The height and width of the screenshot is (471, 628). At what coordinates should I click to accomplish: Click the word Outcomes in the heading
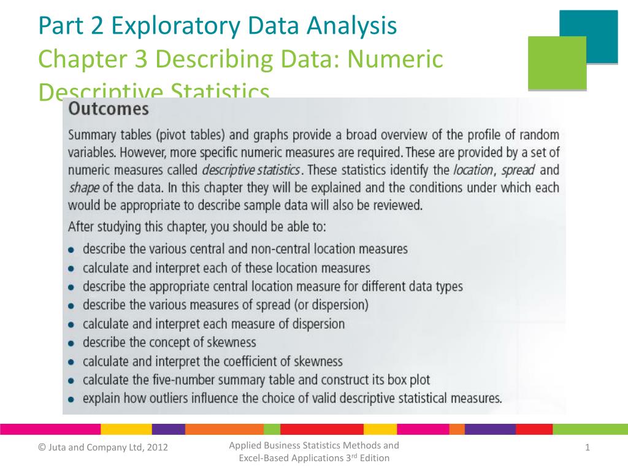point(108,110)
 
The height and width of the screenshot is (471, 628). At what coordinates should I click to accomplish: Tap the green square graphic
point(557,63)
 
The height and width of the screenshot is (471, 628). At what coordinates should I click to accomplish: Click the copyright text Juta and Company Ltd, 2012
point(104,451)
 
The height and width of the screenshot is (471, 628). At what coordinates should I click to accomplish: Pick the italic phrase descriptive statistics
point(250,170)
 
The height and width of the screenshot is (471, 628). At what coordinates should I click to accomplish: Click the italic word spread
point(518,170)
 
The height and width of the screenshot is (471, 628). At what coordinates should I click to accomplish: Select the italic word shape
point(84,188)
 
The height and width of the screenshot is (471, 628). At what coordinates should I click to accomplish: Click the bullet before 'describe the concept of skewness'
point(72,343)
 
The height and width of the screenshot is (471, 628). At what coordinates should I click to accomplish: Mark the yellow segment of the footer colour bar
point(126,429)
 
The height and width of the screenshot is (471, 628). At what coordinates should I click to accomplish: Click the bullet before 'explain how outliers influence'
point(72,399)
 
